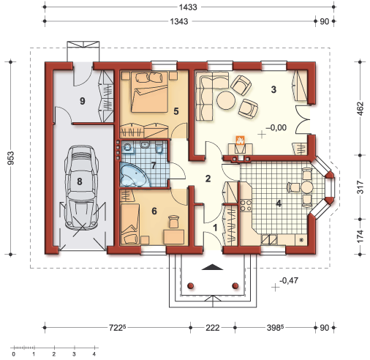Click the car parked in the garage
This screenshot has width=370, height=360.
81,187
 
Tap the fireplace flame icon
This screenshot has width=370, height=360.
240,140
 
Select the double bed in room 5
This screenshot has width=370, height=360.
149,92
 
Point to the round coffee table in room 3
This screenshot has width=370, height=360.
226,100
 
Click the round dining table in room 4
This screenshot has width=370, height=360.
306,187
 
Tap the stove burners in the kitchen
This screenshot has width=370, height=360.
246,205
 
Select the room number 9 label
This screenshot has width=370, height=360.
83,101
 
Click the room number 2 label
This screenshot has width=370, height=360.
208,179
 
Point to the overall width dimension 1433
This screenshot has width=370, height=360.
188,7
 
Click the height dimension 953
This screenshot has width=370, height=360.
11,158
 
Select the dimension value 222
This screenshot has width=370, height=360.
213,328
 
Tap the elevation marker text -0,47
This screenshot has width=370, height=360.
289,280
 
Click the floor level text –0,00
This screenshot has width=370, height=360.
276,127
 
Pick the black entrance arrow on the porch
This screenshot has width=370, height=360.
212,267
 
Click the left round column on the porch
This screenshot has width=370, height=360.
190,285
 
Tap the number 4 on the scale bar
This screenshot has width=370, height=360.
94,354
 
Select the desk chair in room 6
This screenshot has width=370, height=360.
173,221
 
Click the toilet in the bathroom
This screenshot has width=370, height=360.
159,149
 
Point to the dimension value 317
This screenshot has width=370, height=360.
360,187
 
